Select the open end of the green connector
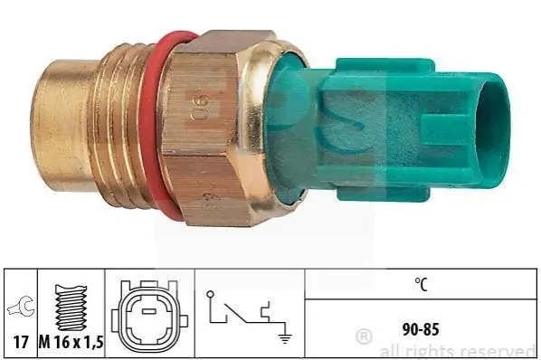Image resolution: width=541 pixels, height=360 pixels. point(491,130)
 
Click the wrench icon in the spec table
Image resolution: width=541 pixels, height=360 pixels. point(21,307)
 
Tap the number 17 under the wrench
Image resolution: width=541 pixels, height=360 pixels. point(21,342)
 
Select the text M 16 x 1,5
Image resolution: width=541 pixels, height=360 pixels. point(71,342)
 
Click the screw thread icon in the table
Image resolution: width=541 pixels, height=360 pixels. point(71,308)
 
